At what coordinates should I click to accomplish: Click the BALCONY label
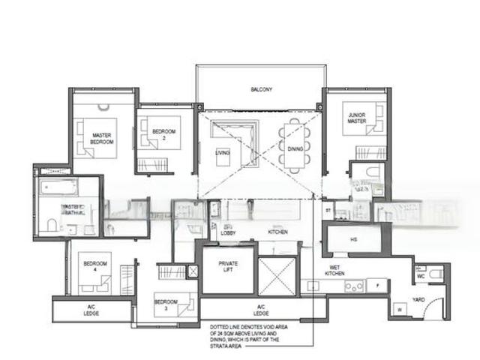click(x=261, y=90)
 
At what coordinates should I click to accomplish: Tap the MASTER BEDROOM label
click(x=103, y=138)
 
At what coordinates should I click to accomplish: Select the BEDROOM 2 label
click(x=163, y=135)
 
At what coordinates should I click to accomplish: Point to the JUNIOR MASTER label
click(x=357, y=118)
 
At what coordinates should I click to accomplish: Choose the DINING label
click(x=295, y=148)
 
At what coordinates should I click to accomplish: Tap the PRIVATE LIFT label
click(x=228, y=266)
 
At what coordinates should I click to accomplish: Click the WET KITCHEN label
click(x=334, y=271)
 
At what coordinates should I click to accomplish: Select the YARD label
click(x=418, y=299)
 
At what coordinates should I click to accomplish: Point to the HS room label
click(x=354, y=240)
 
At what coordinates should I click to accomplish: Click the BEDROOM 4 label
click(x=95, y=266)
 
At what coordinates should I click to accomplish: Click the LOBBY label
click(x=228, y=232)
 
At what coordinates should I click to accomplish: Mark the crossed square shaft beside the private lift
click(x=277, y=276)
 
